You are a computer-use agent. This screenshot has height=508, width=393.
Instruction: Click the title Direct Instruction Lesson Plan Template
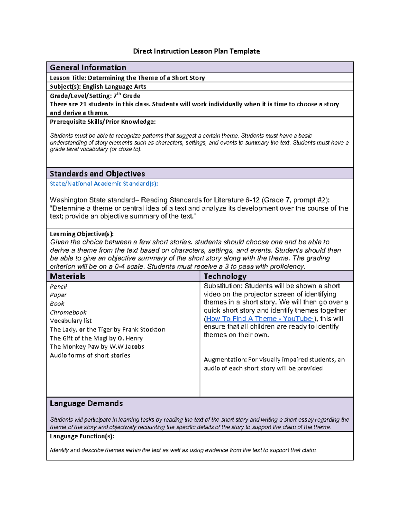[196, 51]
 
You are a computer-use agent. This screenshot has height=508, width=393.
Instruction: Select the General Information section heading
[88, 67]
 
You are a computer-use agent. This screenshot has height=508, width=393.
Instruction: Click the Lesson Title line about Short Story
[127, 78]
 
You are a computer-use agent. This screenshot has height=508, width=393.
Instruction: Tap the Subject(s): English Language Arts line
[98, 87]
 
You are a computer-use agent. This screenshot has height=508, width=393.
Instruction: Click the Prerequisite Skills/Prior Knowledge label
[103, 122]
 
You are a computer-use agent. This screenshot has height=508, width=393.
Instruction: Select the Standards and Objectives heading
[97, 174]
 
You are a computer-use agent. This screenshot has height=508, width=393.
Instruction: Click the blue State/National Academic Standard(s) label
[103, 184]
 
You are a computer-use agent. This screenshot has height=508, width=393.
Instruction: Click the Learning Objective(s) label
[82, 234]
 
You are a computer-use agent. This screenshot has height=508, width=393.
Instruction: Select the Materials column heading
[67, 276]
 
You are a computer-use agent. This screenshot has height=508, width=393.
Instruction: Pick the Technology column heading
[225, 276]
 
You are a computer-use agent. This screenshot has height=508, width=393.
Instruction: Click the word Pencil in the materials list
[58, 287]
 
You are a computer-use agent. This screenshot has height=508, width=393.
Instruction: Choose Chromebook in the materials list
[68, 312]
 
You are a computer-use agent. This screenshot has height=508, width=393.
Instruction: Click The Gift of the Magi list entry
[96, 338]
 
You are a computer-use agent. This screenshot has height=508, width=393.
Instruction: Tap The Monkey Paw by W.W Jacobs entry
[97, 347]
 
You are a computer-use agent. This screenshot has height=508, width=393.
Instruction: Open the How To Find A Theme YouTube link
[259, 319]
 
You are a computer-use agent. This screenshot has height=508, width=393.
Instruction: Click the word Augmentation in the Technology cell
[225, 360]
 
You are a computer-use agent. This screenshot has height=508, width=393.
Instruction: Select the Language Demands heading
[86, 403]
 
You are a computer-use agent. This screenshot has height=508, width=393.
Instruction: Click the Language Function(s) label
[82, 436]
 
